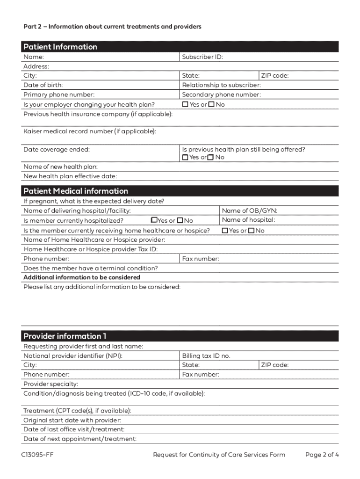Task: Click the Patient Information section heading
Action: click(60, 47)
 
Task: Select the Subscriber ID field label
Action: click(202, 57)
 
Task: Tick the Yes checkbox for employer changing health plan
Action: click(185, 104)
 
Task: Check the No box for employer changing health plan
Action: click(211, 104)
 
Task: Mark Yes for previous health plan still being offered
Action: click(185, 157)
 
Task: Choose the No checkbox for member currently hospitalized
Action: click(180, 220)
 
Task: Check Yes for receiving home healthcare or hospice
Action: click(225, 231)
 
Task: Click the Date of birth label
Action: click(43, 85)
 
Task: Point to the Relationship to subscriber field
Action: click(221, 85)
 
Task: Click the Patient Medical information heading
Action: click(75, 191)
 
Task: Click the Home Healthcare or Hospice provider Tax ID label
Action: click(90, 249)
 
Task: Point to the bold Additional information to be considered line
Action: click(82, 277)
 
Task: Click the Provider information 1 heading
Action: click(65, 336)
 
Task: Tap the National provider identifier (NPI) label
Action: click(73, 356)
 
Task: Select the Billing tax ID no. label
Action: click(206, 356)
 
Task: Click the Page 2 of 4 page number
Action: click(322, 455)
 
